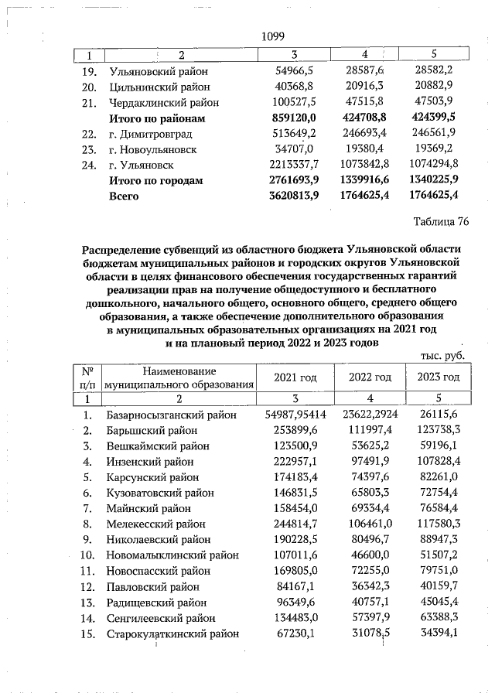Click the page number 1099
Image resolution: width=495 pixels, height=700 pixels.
274,37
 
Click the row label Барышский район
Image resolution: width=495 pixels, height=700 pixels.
151,429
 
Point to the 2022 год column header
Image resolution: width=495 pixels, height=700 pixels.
366,377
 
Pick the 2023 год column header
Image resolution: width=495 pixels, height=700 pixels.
439,377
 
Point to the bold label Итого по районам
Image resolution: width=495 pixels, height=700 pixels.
158,118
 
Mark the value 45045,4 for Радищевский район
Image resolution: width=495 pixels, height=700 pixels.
439,603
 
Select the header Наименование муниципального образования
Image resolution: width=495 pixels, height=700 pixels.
179,377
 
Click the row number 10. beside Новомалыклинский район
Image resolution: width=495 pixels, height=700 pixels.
87,555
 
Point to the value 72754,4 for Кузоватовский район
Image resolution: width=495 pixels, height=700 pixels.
439,493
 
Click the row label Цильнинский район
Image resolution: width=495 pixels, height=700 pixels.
155,87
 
